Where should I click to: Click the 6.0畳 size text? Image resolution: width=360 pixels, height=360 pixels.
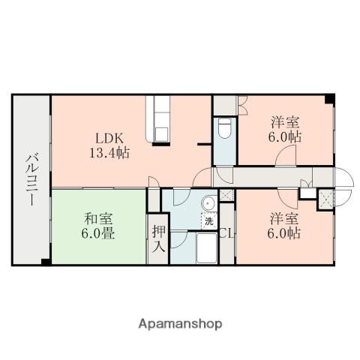(x=97, y=233)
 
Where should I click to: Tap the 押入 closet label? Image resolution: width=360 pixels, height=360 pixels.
(x=157, y=238)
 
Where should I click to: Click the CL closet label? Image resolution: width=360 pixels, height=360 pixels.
(x=226, y=234)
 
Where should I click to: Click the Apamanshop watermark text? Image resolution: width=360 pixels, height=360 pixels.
(x=180, y=325)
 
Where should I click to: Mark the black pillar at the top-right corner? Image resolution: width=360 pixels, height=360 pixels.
(x=329, y=100)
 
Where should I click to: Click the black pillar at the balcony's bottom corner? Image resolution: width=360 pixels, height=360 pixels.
(x=46, y=261)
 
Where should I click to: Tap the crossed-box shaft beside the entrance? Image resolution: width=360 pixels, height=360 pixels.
(x=326, y=198)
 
